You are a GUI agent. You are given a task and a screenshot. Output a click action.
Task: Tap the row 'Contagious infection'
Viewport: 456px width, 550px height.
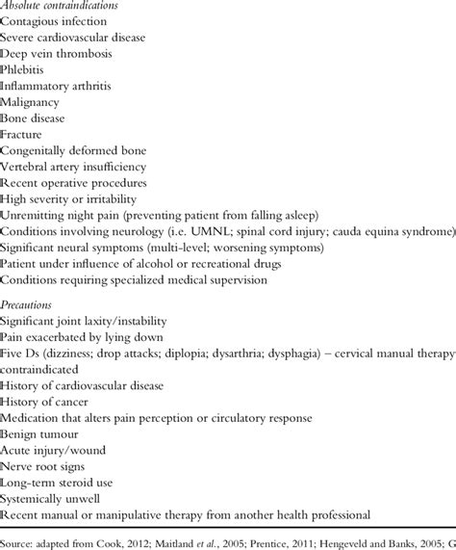[x=55, y=22]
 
